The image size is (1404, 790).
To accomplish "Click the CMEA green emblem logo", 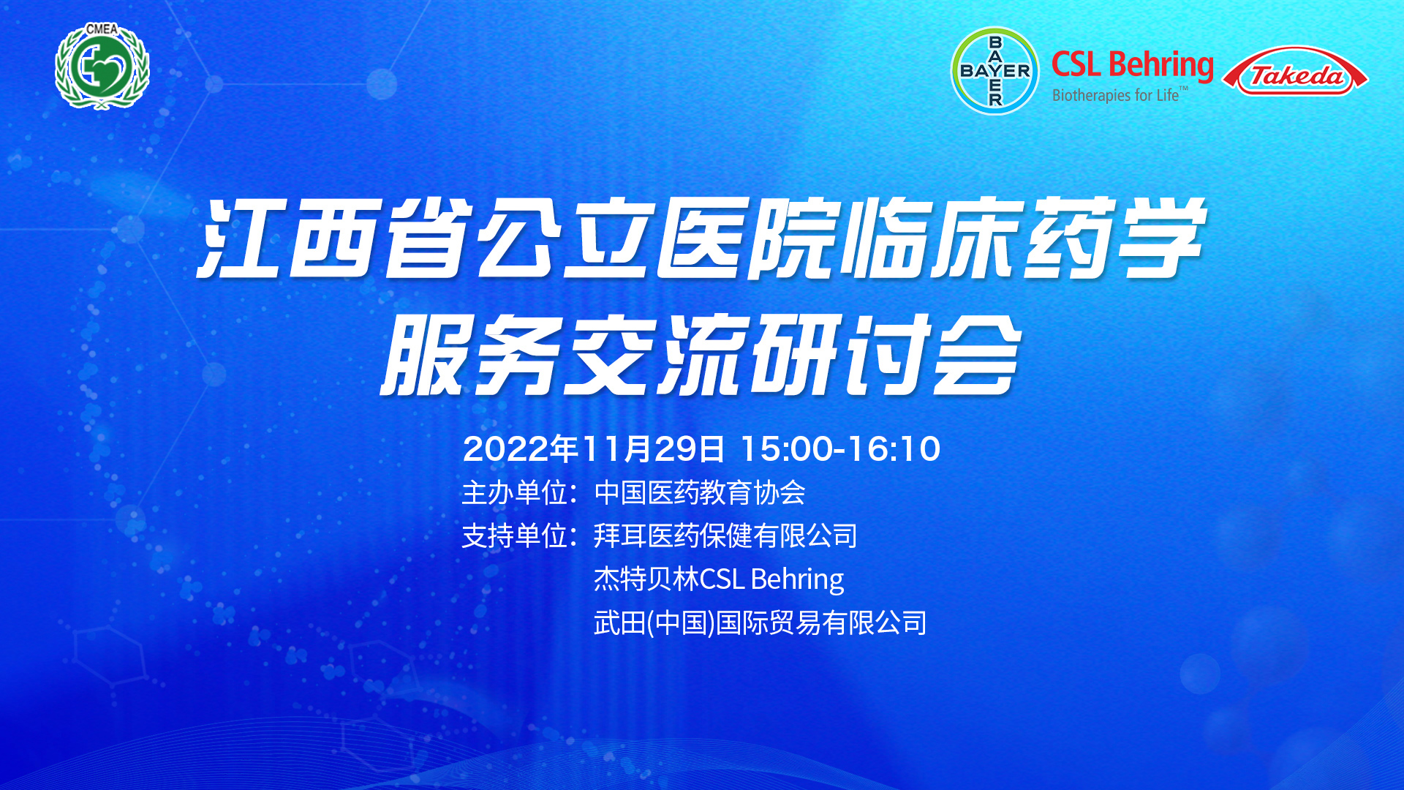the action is click(x=102, y=67).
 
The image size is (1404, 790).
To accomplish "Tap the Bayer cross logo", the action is click(x=994, y=71).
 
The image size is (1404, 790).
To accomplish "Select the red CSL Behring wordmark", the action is click(x=1133, y=64).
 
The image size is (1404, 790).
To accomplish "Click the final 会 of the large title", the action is click(x=975, y=355).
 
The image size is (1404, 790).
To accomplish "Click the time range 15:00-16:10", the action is click(x=841, y=448).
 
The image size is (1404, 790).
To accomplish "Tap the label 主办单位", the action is click(x=515, y=492).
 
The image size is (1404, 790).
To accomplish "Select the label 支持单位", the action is click(x=515, y=536).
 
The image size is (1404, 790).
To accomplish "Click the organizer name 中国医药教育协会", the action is click(x=700, y=492).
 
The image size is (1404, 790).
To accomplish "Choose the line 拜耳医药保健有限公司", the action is click(x=725, y=536).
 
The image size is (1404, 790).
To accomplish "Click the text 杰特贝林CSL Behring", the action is click(x=719, y=579).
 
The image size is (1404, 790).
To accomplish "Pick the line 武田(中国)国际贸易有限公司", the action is click(x=760, y=623).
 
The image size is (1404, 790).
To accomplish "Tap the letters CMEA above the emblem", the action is click(x=102, y=29).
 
